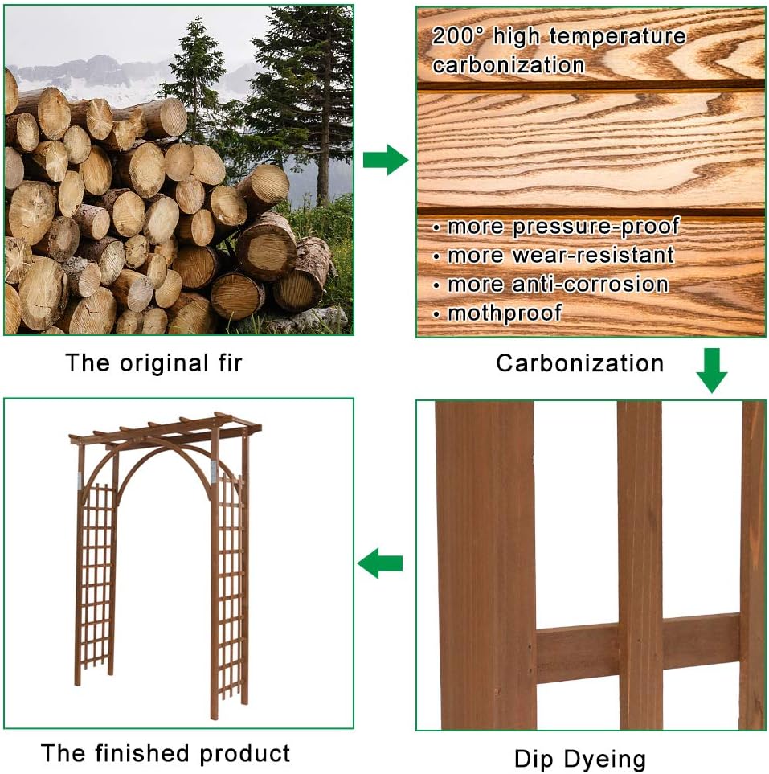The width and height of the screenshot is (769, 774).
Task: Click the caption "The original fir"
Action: click(153, 362)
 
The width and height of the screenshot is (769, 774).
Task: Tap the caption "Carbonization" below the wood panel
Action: click(579, 363)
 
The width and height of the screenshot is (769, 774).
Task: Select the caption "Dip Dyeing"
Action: click(579, 758)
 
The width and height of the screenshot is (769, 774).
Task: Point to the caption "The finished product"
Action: click(166, 753)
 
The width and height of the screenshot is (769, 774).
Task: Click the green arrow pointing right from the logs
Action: click(385, 160)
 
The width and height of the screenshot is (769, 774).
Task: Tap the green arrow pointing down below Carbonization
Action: click(711, 371)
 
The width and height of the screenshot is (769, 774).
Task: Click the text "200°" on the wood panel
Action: click(459, 36)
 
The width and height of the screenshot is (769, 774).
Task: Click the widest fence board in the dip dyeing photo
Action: click(485, 563)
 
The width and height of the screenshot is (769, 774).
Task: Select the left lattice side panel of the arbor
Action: click(96, 579)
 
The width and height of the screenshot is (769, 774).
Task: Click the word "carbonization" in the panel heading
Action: click(508, 65)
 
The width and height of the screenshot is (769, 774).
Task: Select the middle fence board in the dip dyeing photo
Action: click(640, 563)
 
